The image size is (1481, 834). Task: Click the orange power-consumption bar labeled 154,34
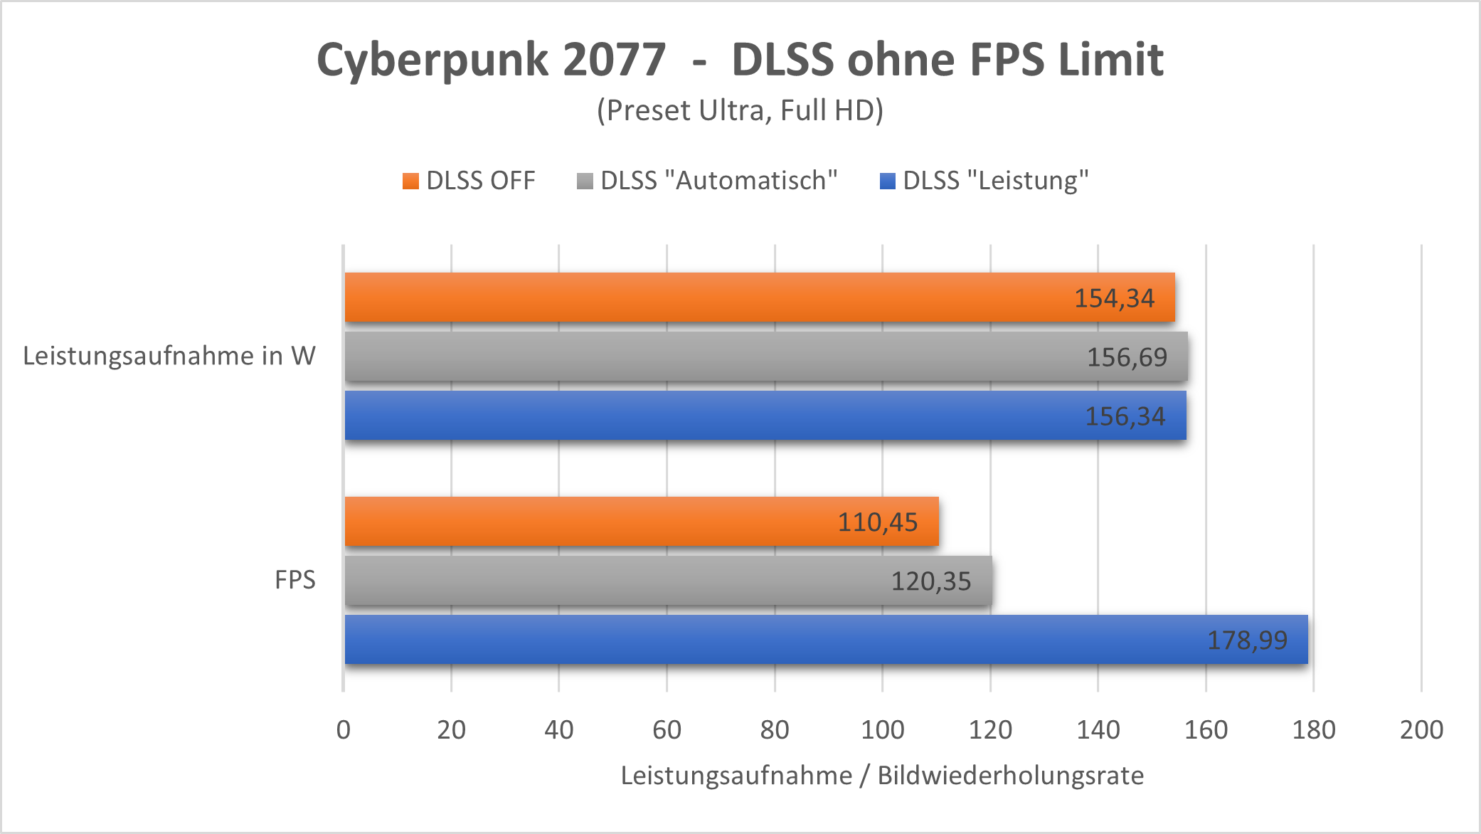(x=711, y=297)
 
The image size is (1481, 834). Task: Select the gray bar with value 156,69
(x=711, y=357)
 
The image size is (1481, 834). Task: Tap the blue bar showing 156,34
(x=711, y=416)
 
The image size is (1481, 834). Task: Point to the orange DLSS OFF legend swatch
(x=410, y=181)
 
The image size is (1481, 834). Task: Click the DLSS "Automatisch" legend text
(x=718, y=181)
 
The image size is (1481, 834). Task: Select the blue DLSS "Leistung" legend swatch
(x=887, y=181)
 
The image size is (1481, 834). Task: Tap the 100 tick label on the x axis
(x=882, y=730)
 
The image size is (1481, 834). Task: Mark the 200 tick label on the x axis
(x=1421, y=730)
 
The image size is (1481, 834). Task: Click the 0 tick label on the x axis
(x=344, y=730)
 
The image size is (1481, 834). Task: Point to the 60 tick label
(x=667, y=730)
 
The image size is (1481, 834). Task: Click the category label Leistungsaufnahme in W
(x=169, y=356)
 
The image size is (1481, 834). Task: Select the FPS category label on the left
(x=294, y=580)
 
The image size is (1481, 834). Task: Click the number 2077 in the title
(x=614, y=60)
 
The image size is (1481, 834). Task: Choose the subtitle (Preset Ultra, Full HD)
(x=740, y=111)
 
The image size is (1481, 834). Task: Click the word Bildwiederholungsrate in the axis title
(x=1010, y=776)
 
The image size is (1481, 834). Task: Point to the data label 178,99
(x=1247, y=640)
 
